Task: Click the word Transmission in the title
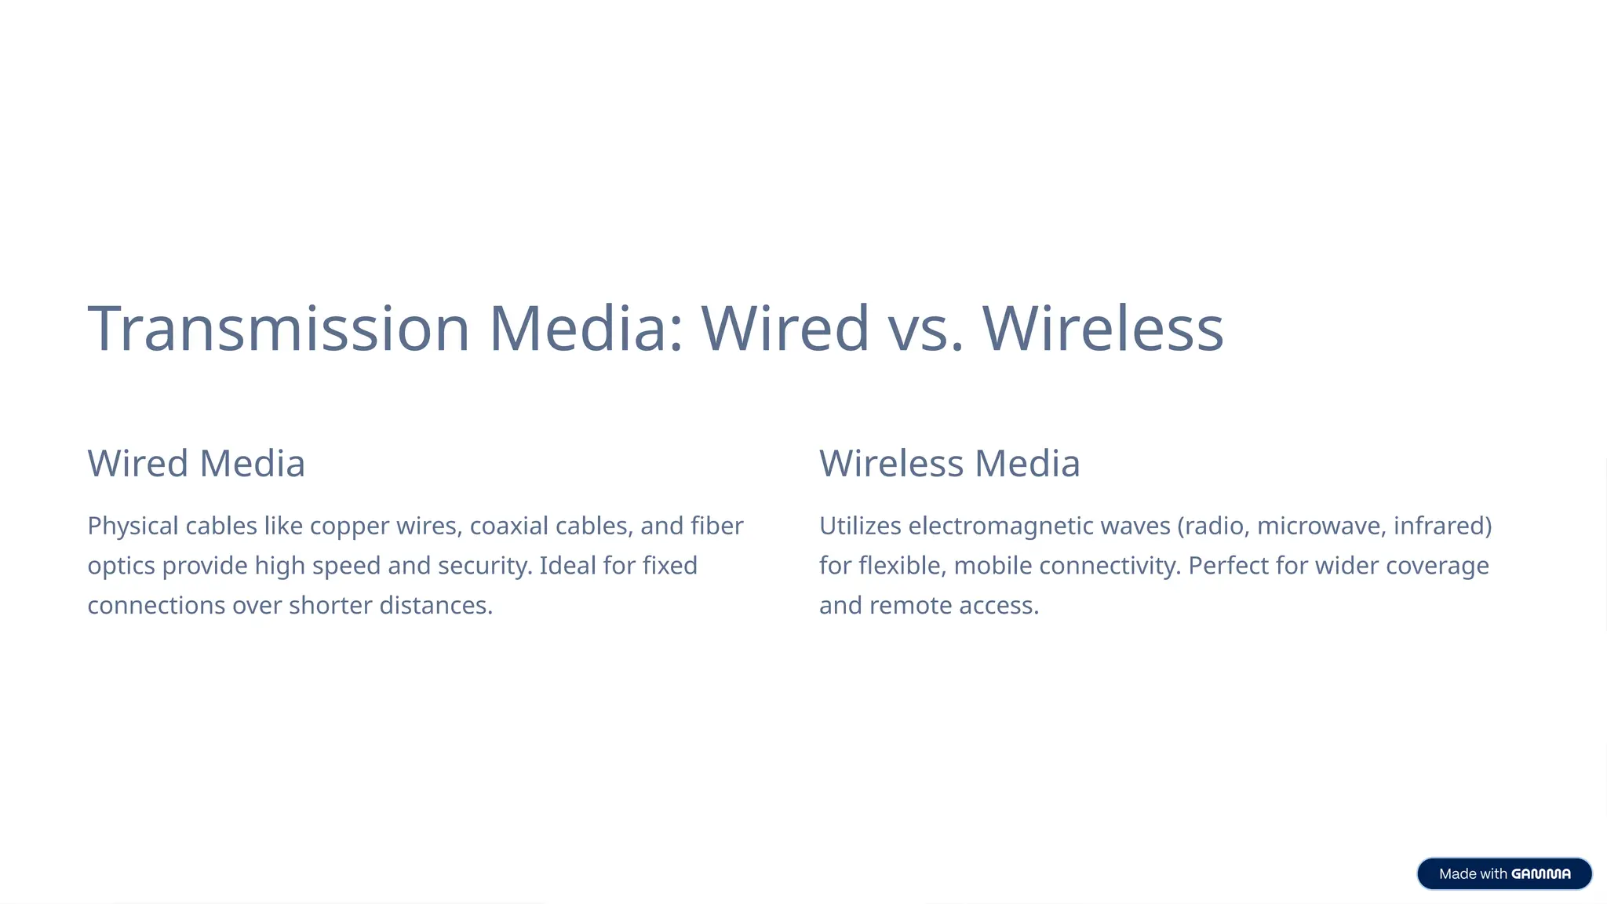click(x=279, y=328)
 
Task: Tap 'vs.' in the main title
click(x=926, y=328)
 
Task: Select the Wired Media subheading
click(x=196, y=463)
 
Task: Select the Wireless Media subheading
click(x=949, y=463)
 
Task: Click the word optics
click(x=121, y=566)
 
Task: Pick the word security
click(x=484, y=566)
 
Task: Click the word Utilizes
click(x=860, y=526)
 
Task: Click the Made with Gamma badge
click(x=1504, y=873)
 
